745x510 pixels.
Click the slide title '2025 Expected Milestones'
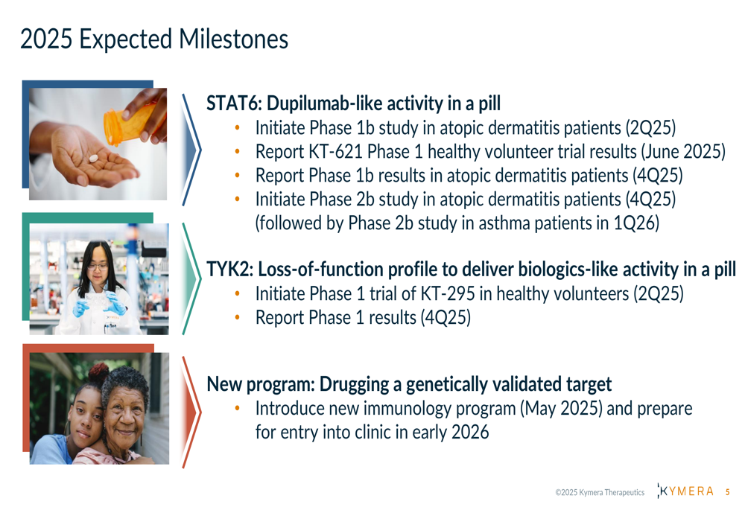point(154,39)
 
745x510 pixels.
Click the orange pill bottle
point(127,124)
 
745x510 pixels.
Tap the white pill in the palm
point(94,158)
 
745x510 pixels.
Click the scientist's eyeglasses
point(98,267)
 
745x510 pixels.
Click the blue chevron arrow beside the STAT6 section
point(192,150)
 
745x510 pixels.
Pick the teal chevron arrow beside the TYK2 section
point(192,278)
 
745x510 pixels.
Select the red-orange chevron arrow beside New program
point(192,412)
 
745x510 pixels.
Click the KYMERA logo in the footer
point(685,491)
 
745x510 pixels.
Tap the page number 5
point(727,492)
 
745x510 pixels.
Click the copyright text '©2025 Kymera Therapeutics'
point(600,492)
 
